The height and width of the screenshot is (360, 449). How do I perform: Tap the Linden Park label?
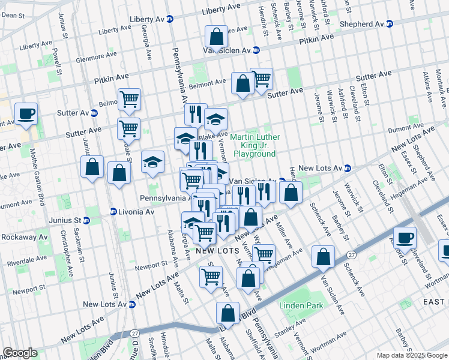pos(301,306)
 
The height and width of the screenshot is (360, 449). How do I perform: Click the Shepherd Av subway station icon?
pos(389,24)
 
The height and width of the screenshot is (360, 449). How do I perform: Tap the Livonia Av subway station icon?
pos(113,212)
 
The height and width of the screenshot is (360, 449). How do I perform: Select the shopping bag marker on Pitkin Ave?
pos(215,38)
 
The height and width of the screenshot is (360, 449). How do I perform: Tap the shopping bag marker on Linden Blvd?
pos(228,313)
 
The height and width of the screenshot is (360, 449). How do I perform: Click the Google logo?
pos(20,353)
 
